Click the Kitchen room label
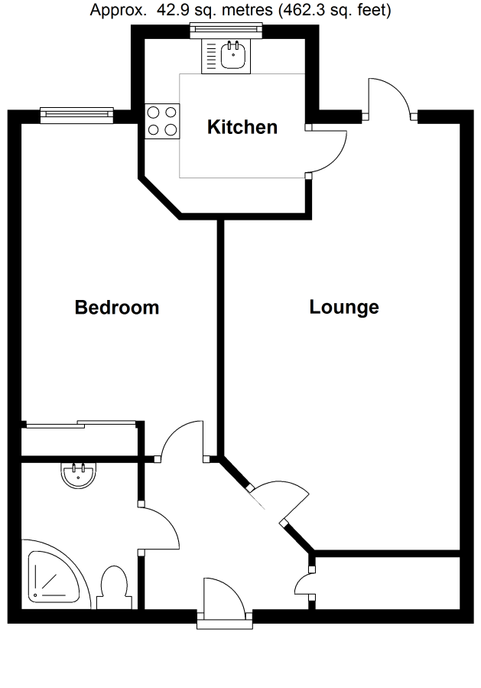(x=242, y=127)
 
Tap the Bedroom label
(x=117, y=308)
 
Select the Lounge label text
(x=344, y=308)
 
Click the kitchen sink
(x=227, y=55)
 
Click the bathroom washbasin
(x=78, y=475)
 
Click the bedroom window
(x=77, y=115)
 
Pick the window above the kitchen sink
(x=226, y=29)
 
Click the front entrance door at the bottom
(x=222, y=601)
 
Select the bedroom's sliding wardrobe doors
(x=80, y=424)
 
